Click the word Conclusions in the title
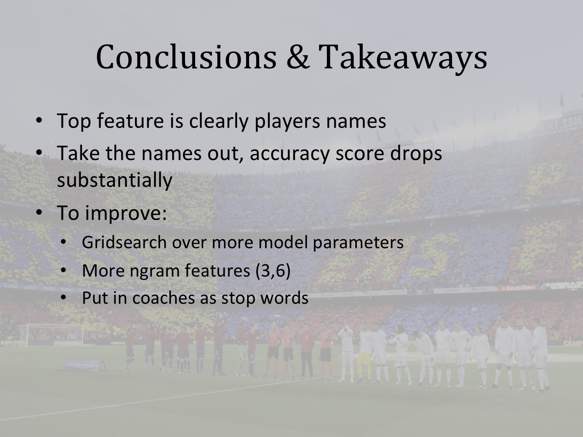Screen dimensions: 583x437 186,57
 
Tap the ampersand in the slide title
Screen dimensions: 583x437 297,57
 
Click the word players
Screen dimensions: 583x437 287,122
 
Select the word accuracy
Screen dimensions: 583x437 290,155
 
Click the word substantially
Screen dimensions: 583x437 115,180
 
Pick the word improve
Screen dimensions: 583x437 126,214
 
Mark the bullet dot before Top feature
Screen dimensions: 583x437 39,120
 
